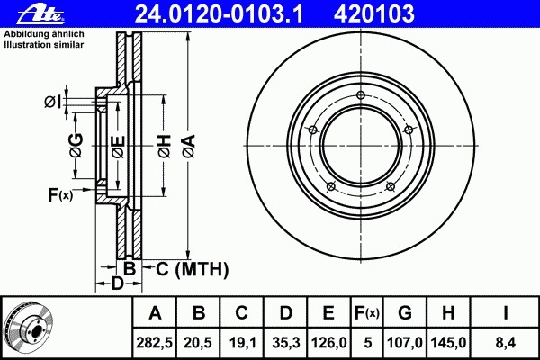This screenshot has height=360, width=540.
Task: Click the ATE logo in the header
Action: pyautogui.click(x=40, y=14)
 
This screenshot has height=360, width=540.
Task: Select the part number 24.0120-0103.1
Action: pyautogui.click(x=219, y=14)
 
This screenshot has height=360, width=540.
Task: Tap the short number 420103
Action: pyautogui.click(x=374, y=14)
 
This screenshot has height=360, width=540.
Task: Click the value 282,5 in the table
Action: pyautogui.click(x=155, y=343)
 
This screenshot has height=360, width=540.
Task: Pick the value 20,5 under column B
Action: pyautogui.click(x=198, y=343)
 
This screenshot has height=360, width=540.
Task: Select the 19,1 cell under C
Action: pyautogui.click(x=241, y=343)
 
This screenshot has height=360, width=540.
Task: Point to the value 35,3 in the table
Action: pyautogui.click(x=286, y=343)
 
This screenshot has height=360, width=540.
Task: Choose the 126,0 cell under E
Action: pyautogui.click(x=328, y=343)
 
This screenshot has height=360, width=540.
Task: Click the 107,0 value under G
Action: pyautogui.click(x=405, y=343)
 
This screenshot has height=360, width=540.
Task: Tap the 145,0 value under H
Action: pyautogui.click(x=448, y=343)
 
